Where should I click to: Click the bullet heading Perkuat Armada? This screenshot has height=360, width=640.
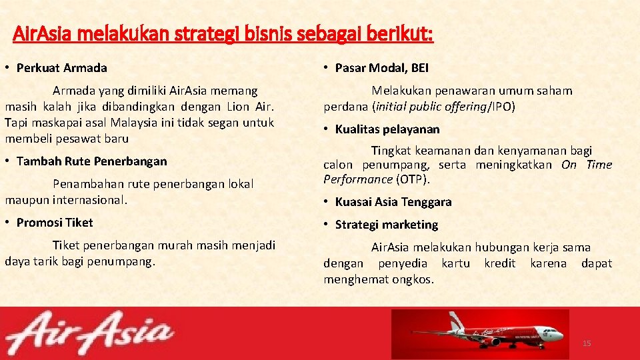pyautogui.click(x=61, y=68)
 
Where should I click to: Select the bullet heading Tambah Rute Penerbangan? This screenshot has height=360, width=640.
pyautogui.click(x=91, y=161)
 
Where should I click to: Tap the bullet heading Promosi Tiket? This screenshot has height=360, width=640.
pyautogui.click(x=55, y=223)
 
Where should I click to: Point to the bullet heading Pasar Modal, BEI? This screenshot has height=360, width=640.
pyautogui.click(x=381, y=68)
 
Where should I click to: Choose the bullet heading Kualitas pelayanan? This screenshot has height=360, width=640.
pyautogui.click(x=387, y=129)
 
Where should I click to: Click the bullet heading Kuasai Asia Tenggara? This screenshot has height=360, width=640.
pyautogui.click(x=393, y=202)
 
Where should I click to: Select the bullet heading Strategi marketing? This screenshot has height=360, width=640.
pyautogui.click(x=386, y=225)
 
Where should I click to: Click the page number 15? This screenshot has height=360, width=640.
pyautogui.click(x=587, y=343)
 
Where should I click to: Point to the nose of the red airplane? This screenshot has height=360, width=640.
pyautogui.click(x=560, y=333)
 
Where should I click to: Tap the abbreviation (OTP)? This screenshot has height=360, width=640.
pyautogui.click(x=413, y=179)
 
